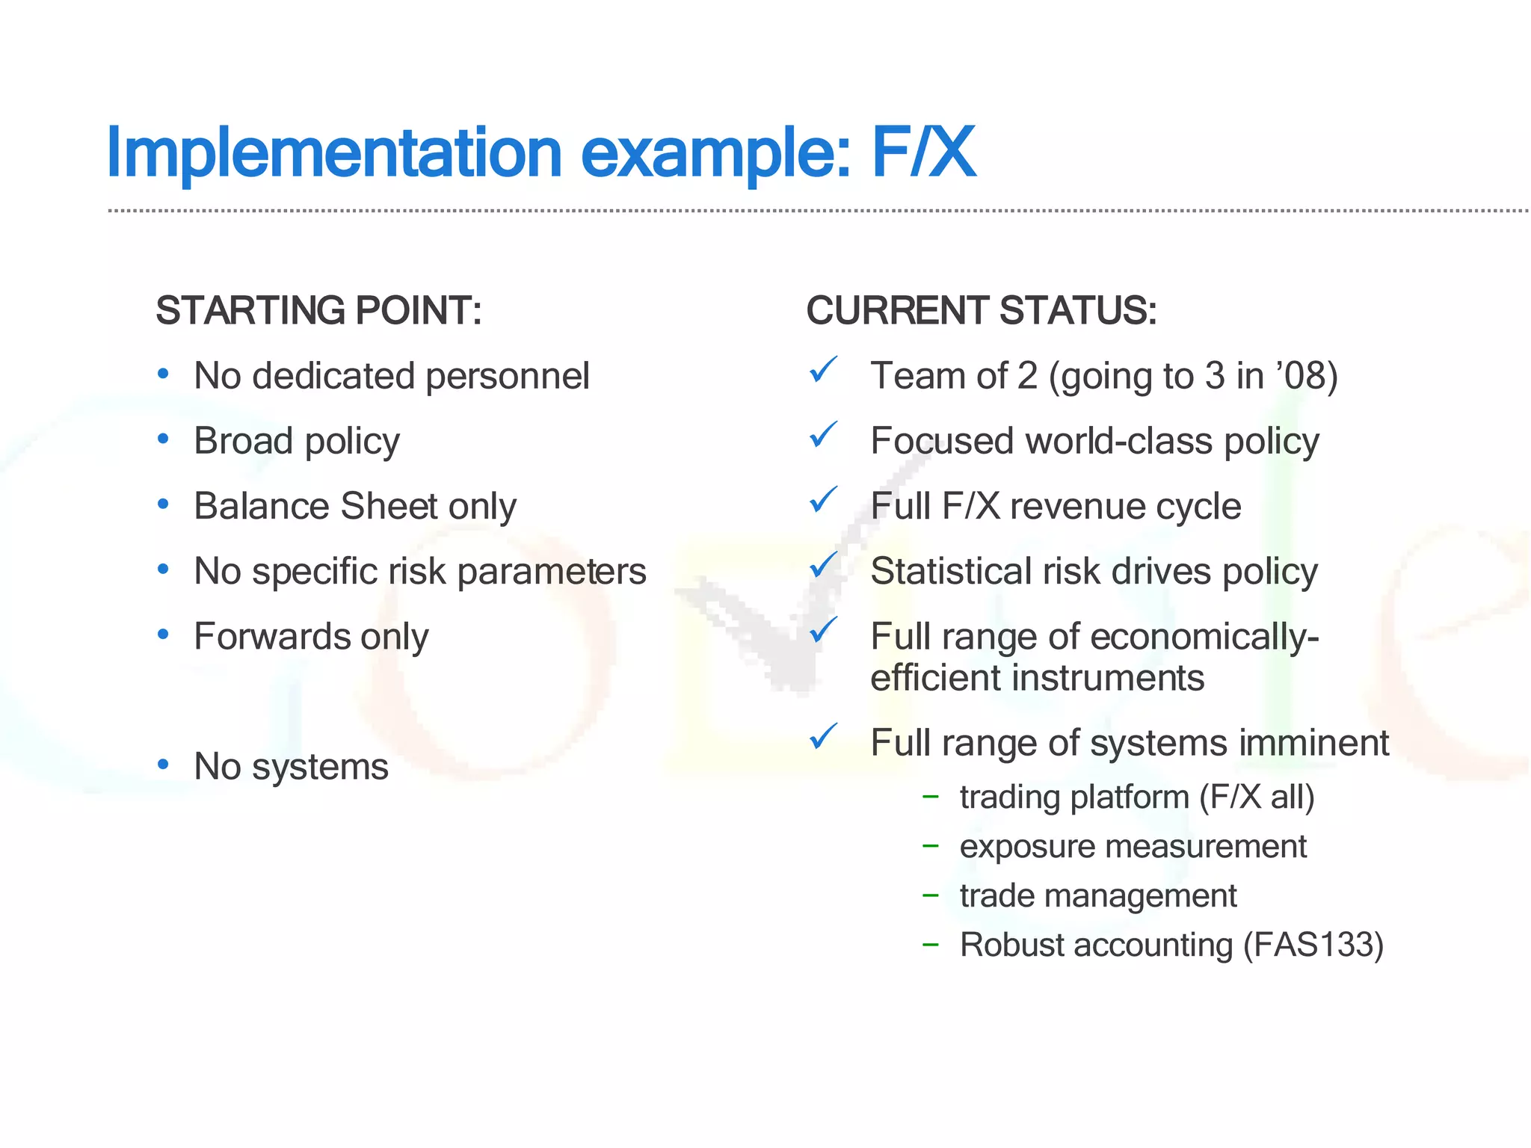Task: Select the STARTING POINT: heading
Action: pyautogui.click(x=318, y=311)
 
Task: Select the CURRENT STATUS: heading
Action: pyautogui.click(x=981, y=311)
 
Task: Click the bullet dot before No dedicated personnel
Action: pyautogui.click(x=163, y=373)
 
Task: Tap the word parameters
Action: pyautogui.click(x=551, y=573)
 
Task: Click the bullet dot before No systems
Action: pyautogui.click(x=163, y=765)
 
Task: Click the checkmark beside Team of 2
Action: pyautogui.click(x=823, y=370)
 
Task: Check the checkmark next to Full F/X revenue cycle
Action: pyautogui.click(x=823, y=500)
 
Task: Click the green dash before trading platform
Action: pyautogui.click(x=930, y=797)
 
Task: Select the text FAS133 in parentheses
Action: pyautogui.click(x=1312, y=945)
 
